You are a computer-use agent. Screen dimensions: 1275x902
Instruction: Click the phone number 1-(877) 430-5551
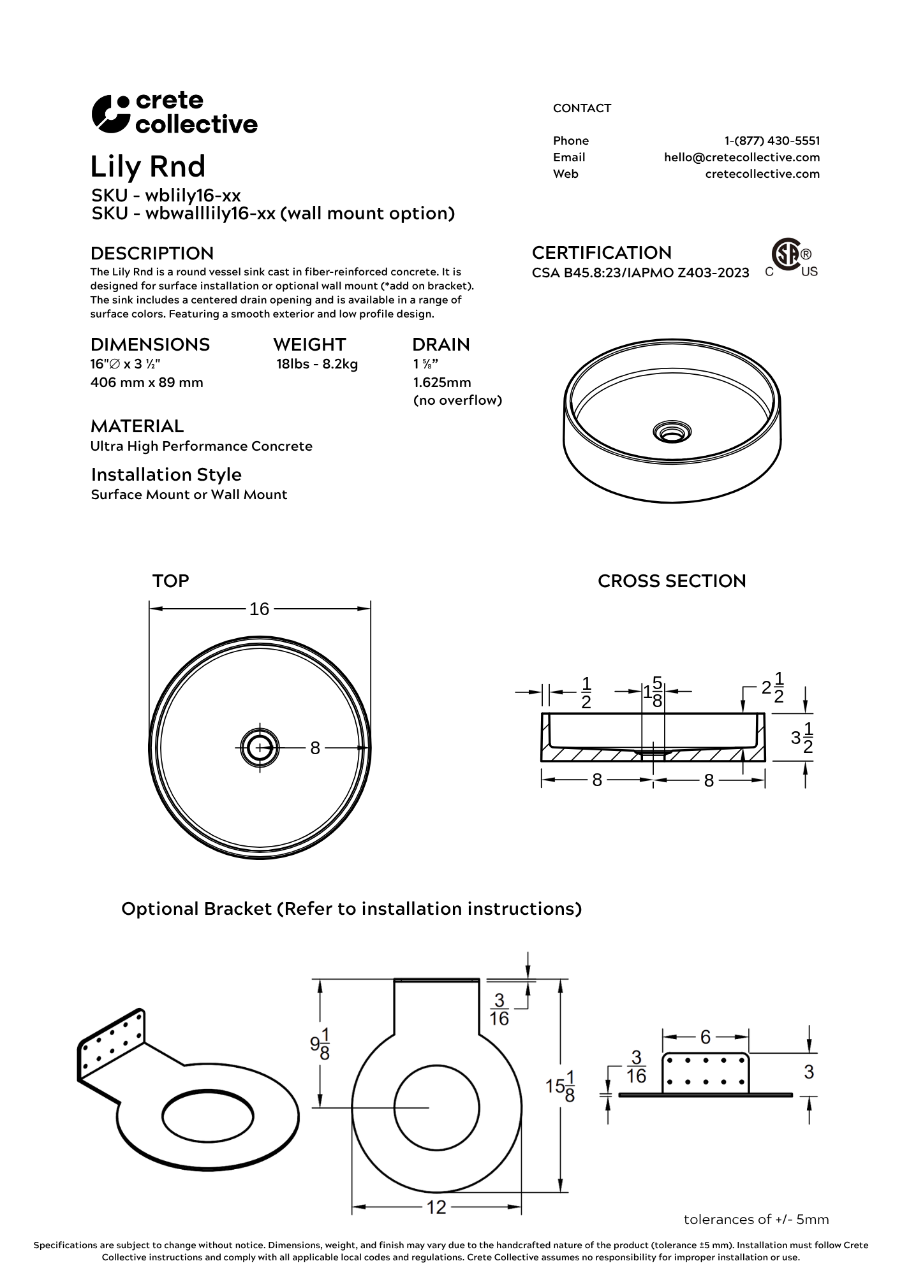[x=772, y=141]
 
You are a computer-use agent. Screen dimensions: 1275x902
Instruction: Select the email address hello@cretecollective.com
[x=741, y=157]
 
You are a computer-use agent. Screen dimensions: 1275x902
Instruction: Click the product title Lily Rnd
[x=147, y=166]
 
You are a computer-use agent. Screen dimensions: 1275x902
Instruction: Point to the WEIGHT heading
[x=309, y=345]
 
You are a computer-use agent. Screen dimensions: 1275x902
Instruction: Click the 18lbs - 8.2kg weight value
[x=317, y=365]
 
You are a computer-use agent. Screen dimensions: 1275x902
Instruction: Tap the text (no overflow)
[x=457, y=400]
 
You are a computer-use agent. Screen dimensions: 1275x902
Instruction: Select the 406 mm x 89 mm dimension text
[x=147, y=382]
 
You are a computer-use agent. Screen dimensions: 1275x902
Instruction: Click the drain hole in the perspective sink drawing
[x=670, y=433]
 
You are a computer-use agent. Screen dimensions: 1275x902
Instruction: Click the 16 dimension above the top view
[x=259, y=609]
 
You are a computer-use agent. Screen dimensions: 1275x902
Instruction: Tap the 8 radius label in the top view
[x=314, y=748]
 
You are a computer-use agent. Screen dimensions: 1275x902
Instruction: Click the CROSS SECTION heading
[x=671, y=581]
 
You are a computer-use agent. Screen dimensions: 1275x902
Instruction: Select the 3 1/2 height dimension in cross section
[x=802, y=738]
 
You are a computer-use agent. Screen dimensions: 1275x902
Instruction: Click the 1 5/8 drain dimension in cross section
[x=653, y=691]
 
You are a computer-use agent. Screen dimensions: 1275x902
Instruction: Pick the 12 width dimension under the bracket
[x=436, y=1207]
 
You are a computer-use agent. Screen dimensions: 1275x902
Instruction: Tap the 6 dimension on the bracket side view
[x=705, y=1037]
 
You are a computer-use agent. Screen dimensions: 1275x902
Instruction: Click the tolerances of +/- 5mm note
[x=756, y=1220]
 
